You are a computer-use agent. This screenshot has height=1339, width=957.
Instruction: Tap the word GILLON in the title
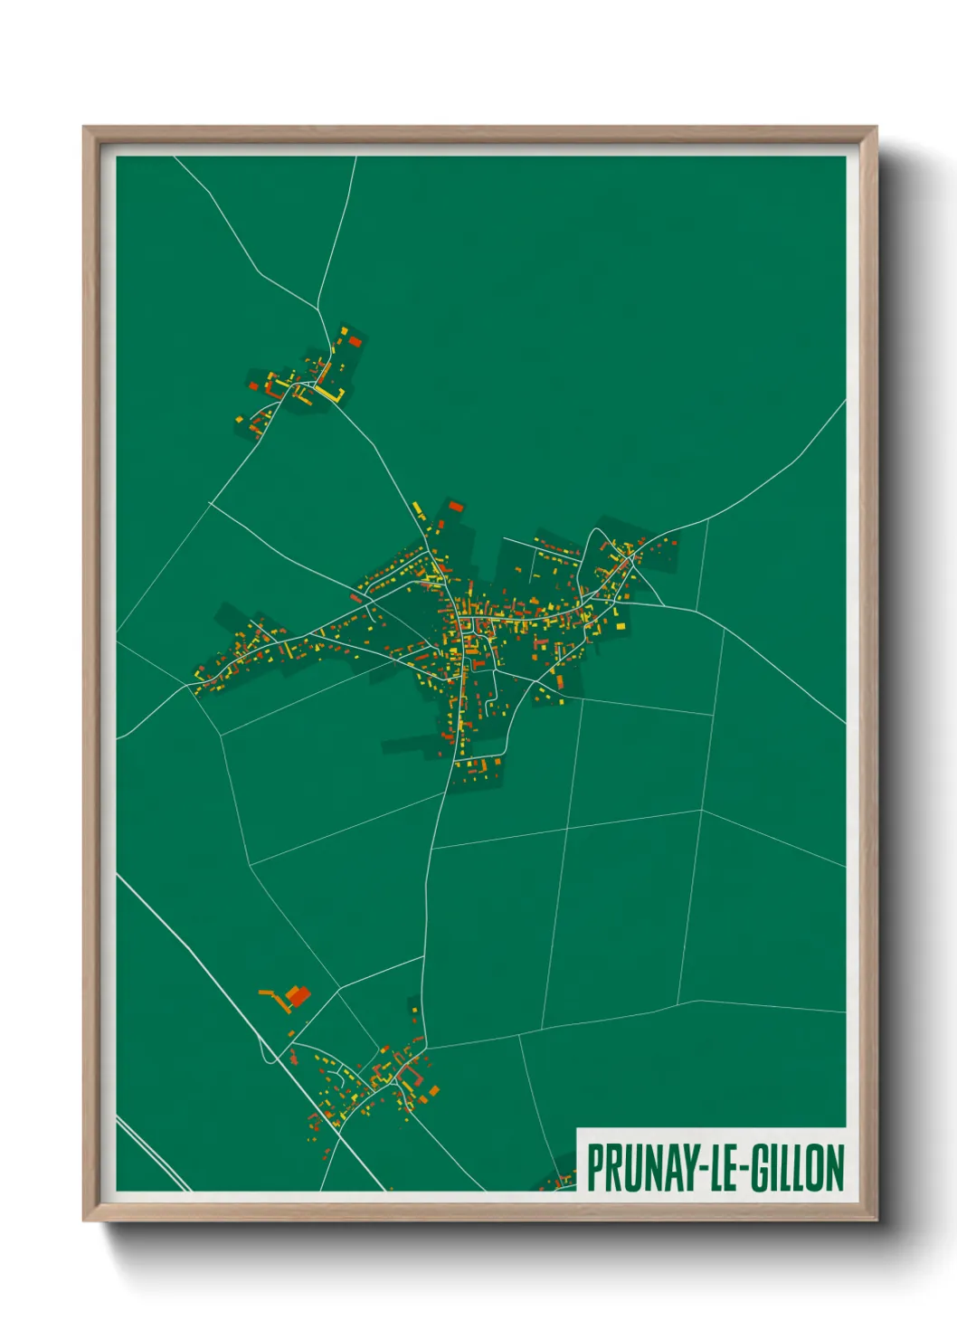(795, 1168)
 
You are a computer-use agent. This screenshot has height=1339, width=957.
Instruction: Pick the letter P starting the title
(596, 1168)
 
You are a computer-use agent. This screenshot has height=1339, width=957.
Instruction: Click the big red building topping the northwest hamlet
(355, 342)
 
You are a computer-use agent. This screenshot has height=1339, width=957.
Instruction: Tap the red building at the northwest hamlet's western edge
(254, 386)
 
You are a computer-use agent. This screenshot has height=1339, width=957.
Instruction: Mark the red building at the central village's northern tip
(455, 506)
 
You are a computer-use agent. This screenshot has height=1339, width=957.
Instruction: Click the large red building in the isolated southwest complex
(298, 996)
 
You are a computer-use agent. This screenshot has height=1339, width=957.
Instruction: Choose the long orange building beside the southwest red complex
(271, 994)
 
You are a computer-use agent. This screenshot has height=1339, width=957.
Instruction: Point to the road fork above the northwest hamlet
(318, 310)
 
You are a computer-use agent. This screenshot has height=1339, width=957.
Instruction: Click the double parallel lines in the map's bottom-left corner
(149, 1154)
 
